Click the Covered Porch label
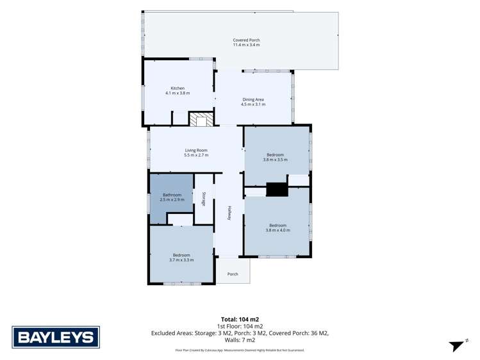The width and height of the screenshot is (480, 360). click(x=246, y=40)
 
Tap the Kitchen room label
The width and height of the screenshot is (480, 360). click(x=178, y=88)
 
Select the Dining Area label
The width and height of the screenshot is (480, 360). click(x=253, y=99)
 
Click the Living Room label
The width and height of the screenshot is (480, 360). click(x=196, y=150)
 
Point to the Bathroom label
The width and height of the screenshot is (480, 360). click(x=172, y=195)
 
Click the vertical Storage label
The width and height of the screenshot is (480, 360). click(x=204, y=199)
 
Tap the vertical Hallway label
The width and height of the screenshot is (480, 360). click(x=229, y=213)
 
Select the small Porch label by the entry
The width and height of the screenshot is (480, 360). click(x=233, y=274)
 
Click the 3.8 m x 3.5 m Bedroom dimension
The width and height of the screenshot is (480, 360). click(x=275, y=160)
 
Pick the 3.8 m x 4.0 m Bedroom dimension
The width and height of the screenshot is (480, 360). click(x=278, y=231)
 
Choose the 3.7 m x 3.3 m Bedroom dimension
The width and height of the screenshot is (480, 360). click(x=181, y=260)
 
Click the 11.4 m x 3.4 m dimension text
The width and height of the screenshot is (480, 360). click(x=247, y=45)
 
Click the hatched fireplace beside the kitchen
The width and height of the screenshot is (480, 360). click(x=201, y=119)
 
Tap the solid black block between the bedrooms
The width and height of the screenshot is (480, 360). click(x=277, y=190)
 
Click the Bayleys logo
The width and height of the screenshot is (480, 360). click(x=56, y=337)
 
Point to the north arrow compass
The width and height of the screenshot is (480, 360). click(x=458, y=345)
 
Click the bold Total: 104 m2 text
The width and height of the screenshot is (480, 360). click(x=240, y=320)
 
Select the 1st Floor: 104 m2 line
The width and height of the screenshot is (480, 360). click(x=240, y=327)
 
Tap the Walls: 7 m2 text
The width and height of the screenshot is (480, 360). click(x=240, y=340)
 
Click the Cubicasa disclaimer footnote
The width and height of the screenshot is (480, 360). click(x=240, y=350)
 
